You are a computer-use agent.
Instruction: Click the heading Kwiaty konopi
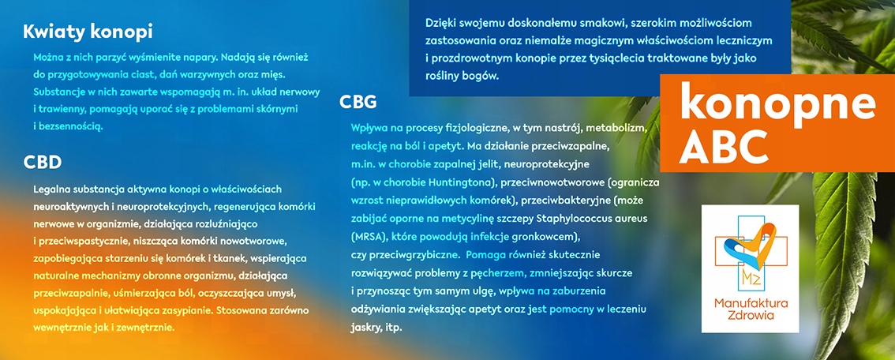point(88,32)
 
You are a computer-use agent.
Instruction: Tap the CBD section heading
point(43,163)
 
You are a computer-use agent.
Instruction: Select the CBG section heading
point(358,102)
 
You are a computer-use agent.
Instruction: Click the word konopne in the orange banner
point(777,102)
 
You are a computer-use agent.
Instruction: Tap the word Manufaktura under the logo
point(751,303)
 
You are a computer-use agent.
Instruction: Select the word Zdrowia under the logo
point(751,316)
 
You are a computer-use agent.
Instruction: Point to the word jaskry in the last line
point(365,328)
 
